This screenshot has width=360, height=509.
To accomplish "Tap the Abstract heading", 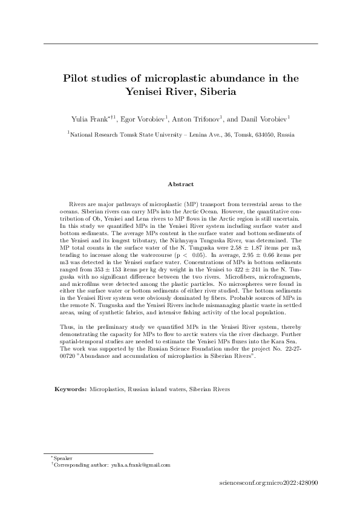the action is [180, 184].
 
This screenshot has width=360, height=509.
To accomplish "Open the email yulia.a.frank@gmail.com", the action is [140, 465].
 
